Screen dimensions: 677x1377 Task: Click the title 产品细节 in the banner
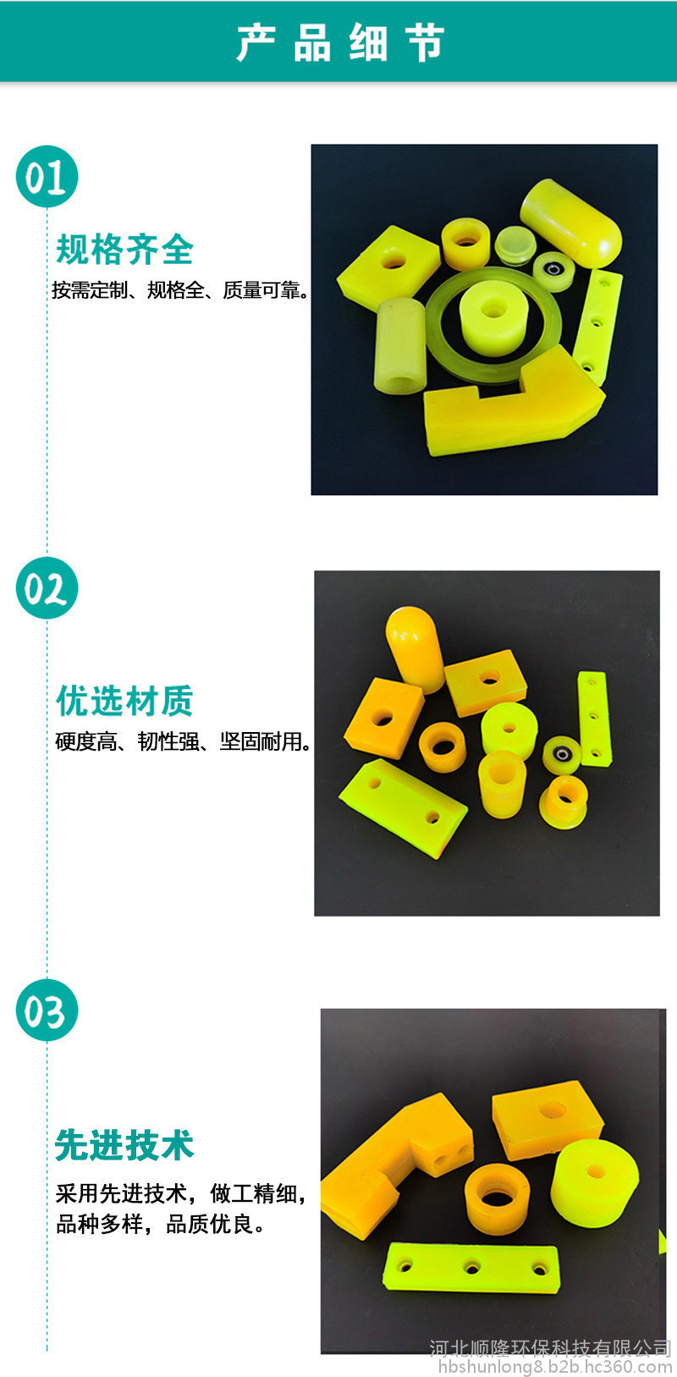(340, 42)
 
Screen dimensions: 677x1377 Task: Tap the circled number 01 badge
(47, 176)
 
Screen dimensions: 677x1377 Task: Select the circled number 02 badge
(47, 587)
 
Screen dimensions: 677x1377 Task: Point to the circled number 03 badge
(47, 1010)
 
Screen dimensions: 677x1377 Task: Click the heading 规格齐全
(125, 249)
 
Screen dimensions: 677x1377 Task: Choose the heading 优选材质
(125, 700)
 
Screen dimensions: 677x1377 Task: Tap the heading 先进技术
(125, 1144)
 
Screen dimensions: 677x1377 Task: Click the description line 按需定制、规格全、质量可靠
(179, 290)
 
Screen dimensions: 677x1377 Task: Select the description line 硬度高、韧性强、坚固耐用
(183, 741)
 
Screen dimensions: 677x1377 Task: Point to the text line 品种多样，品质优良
(160, 1224)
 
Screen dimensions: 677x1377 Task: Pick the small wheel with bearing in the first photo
(553, 271)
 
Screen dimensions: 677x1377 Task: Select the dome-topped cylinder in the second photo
(415, 648)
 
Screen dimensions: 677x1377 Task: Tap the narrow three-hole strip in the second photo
(594, 718)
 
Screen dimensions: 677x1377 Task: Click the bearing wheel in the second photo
(561, 754)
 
